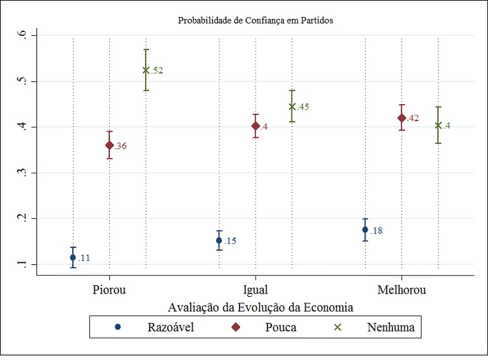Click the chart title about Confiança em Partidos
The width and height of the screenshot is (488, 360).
coord(255,20)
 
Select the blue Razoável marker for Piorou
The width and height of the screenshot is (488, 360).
coord(73,257)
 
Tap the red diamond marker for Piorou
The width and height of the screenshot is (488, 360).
coord(109,145)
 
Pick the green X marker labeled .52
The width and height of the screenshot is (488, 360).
coord(146,70)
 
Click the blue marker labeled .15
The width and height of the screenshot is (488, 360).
coord(219,240)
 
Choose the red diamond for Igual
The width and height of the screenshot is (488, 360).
coord(256,126)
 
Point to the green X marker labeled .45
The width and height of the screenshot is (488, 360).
coord(292,106)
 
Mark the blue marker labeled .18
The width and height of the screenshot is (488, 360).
coord(365,229)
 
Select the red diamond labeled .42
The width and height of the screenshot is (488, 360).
coord(401,118)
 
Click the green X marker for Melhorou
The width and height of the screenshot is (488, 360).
coord(438,125)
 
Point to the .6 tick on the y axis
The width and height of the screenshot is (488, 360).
coord(25,35)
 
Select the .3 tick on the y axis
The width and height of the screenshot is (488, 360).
coord(25,173)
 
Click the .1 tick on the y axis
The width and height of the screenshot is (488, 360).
coord(25,264)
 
